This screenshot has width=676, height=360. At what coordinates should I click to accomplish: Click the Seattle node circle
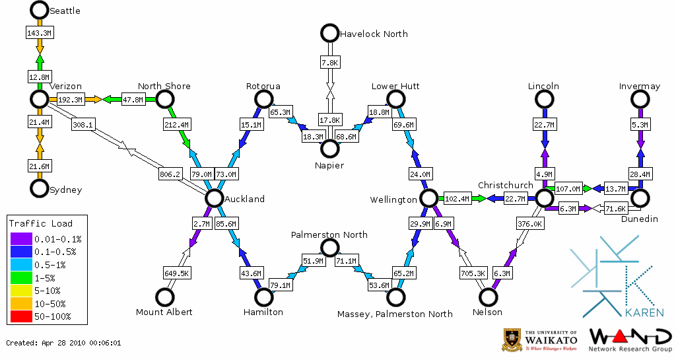tap(40, 10)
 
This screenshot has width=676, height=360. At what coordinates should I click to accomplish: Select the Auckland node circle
tap(214, 198)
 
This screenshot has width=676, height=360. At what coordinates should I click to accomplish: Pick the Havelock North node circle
tap(329, 32)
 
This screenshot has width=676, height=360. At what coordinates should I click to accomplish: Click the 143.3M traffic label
tap(40, 32)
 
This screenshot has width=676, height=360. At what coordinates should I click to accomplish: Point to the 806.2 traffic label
tap(170, 174)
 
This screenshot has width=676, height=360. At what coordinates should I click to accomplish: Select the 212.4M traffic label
tap(176, 124)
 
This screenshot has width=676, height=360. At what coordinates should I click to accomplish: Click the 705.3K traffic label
tap(473, 273)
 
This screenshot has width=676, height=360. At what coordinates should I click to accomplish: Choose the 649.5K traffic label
tap(176, 273)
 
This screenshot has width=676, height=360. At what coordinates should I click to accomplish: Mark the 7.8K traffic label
tap(329, 62)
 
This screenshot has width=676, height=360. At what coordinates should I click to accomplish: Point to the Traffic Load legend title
tap(41, 223)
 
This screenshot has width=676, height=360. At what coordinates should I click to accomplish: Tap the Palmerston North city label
tap(329, 234)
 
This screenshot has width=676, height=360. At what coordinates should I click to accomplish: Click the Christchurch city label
tap(505, 185)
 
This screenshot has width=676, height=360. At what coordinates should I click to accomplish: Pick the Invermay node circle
tap(640, 99)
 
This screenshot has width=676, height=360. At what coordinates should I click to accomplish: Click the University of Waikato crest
tap(513, 340)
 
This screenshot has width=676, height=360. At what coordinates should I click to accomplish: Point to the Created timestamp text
tap(63, 343)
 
